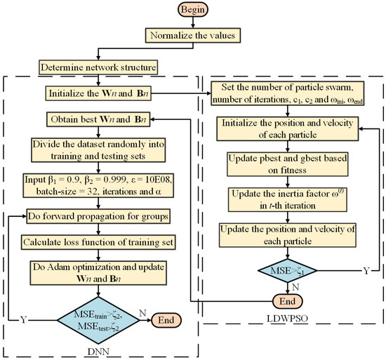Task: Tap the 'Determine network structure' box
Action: [x=107, y=68]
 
